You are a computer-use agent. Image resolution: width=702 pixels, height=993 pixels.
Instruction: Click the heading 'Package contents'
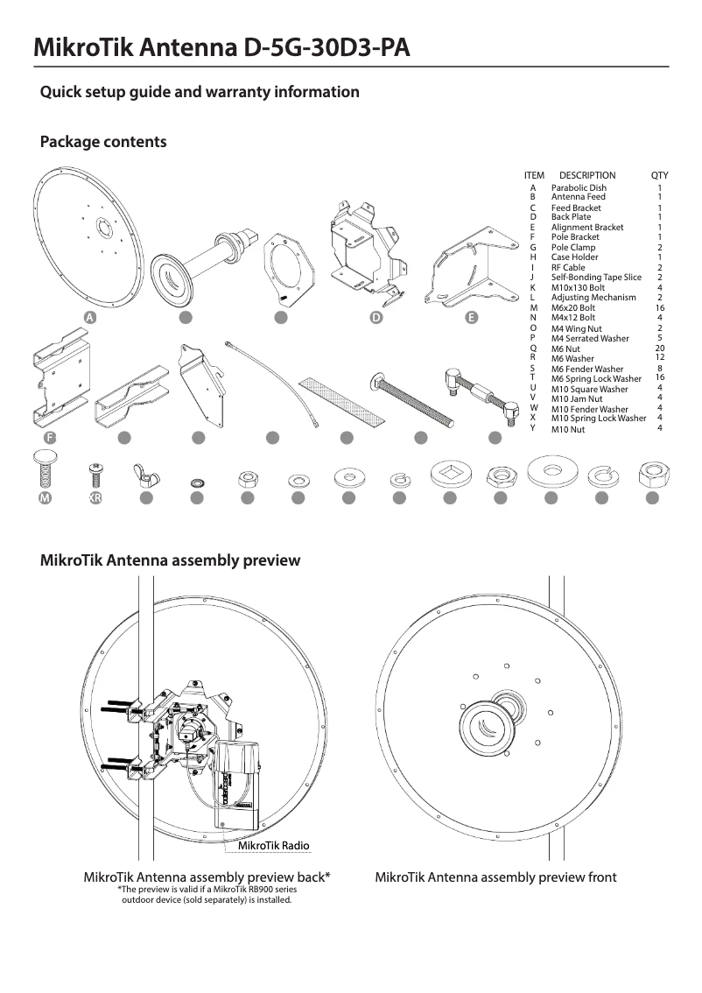point(103,142)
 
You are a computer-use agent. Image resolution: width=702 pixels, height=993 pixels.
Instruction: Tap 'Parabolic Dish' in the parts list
point(579,188)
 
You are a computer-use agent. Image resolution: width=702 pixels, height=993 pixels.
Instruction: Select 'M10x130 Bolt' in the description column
point(578,287)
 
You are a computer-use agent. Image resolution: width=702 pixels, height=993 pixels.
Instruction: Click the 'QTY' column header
point(659,175)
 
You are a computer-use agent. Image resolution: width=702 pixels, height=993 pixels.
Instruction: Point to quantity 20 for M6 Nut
point(659,348)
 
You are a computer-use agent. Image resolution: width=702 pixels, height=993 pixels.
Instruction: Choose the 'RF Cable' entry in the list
point(568,267)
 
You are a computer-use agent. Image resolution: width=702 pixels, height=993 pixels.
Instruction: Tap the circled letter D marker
point(376,318)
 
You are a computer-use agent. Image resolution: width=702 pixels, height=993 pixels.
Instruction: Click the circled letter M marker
point(44,498)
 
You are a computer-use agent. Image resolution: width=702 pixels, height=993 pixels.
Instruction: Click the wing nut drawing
point(144,475)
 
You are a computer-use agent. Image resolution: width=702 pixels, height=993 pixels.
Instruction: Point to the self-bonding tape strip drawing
point(346,398)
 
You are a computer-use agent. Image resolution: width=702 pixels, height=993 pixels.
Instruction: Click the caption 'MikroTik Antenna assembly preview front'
point(495,877)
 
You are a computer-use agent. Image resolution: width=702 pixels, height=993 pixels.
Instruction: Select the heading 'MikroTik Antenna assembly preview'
point(171,560)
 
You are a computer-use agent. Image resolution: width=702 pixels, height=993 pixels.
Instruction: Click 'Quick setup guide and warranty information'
point(200,92)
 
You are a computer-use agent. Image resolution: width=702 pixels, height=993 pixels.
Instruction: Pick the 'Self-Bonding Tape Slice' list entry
point(596,278)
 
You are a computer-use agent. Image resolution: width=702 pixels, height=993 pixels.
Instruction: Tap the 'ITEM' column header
point(534,175)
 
